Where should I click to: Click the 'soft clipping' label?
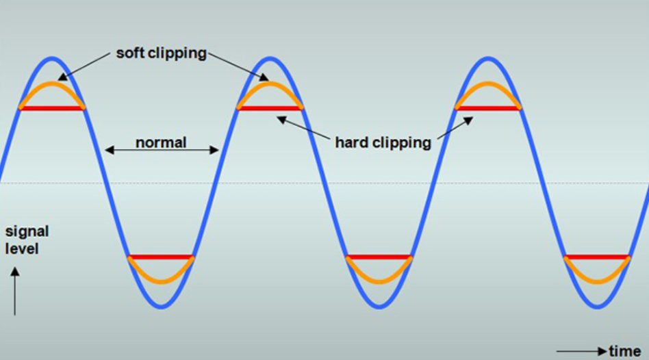[x=161, y=53]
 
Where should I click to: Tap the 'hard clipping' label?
[x=383, y=143]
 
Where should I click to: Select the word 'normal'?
[x=161, y=142]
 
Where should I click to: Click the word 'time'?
[x=624, y=351]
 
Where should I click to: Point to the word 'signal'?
[x=27, y=232]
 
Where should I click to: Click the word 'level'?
[x=21, y=249]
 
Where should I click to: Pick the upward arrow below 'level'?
[x=15, y=292]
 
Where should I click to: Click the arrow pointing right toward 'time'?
[x=581, y=352]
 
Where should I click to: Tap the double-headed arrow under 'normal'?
[x=162, y=150]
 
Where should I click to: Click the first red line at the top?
[x=52, y=108]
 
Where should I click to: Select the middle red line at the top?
[x=270, y=108]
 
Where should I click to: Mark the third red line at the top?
[x=488, y=108]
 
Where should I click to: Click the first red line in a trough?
[x=161, y=257]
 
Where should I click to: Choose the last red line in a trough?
[x=597, y=257]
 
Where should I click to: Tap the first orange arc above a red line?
[x=52, y=84]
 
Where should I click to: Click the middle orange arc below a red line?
[x=379, y=282]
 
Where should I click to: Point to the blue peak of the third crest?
[x=488, y=58]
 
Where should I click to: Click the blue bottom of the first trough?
[x=161, y=307]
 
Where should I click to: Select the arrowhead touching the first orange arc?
[x=62, y=77]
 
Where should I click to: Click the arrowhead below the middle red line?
[x=281, y=120]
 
